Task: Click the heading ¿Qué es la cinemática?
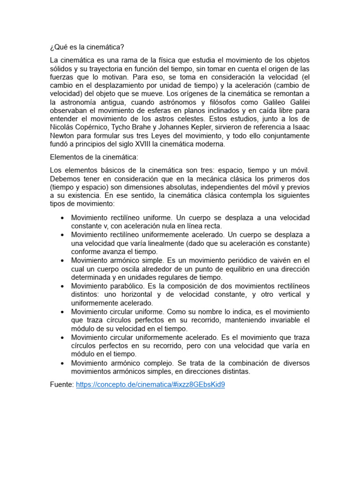(88, 48)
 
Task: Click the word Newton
(63, 136)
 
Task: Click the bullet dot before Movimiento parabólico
(62, 286)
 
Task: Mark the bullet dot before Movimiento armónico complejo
(62, 363)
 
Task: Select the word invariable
(282, 320)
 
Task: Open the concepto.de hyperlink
(150, 384)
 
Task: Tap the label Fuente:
(62, 384)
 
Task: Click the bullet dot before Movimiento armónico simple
(62, 260)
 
